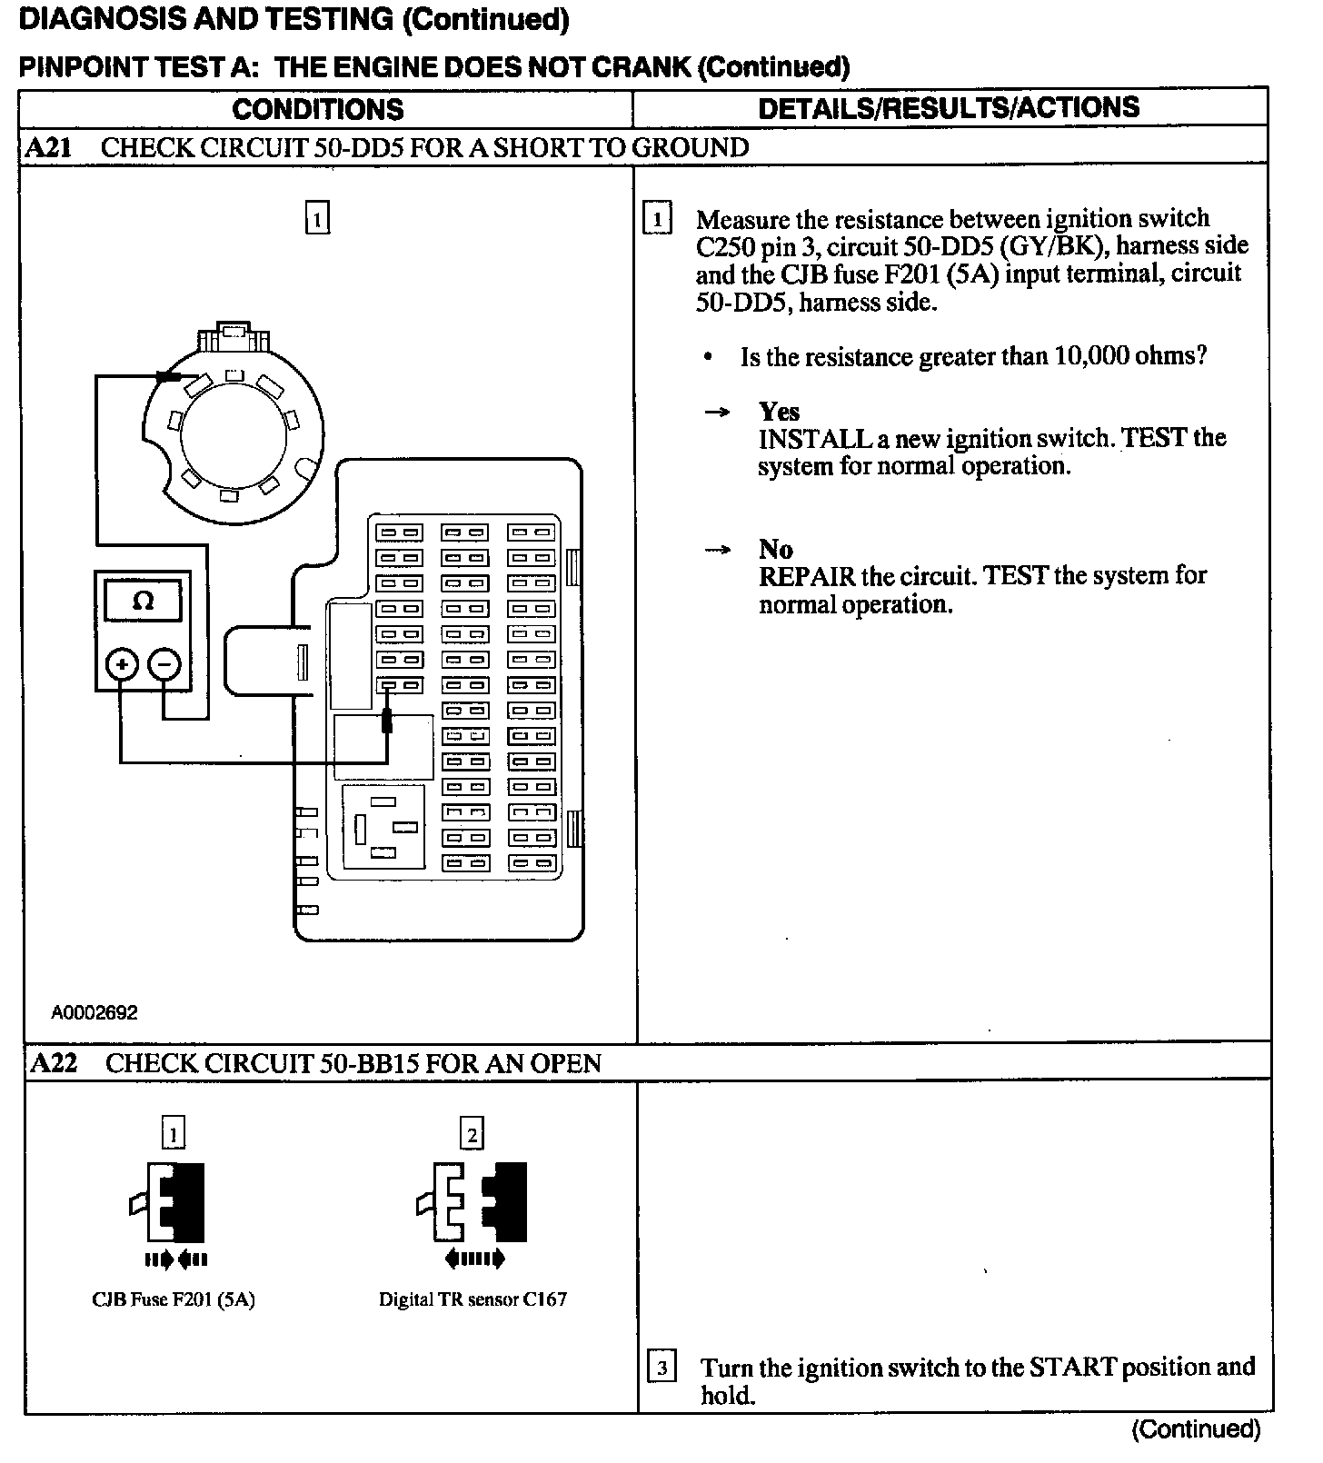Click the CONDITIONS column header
point(318,109)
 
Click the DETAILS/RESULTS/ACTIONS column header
point(949,107)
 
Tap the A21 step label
point(48,147)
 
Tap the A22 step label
point(54,1063)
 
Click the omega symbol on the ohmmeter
point(143,601)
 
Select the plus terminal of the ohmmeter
point(121,665)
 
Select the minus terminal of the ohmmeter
point(164,665)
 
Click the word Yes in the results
point(779,412)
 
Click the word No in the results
point(776,549)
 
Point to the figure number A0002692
point(94,1012)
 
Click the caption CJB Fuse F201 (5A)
point(174,1299)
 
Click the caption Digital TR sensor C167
point(472,1299)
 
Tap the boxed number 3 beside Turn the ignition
point(661,1368)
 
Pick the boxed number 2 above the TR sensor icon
point(472,1133)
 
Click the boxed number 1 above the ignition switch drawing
point(316,219)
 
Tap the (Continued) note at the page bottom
point(1196,1429)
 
